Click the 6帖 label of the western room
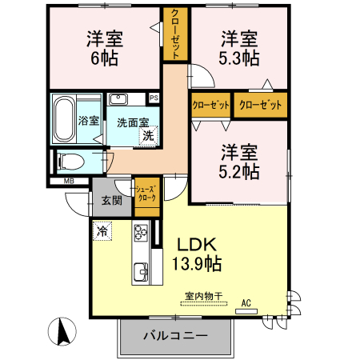(105, 58)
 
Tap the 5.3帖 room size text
(239, 58)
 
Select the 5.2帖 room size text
(239, 171)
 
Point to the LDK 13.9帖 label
(197, 254)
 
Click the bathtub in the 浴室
(64, 119)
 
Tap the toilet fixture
(70, 162)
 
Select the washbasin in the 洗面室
(118, 99)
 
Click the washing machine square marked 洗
(148, 136)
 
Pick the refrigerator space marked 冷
(102, 231)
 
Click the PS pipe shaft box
(154, 98)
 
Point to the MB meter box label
(69, 182)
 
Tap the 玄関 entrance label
(112, 201)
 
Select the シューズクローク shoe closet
(147, 197)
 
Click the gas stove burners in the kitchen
(141, 233)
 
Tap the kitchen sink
(141, 272)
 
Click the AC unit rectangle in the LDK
(246, 311)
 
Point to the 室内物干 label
(204, 296)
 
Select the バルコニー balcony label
(175, 335)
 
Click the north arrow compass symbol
(62, 331)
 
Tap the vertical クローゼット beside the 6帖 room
(175, 34)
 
